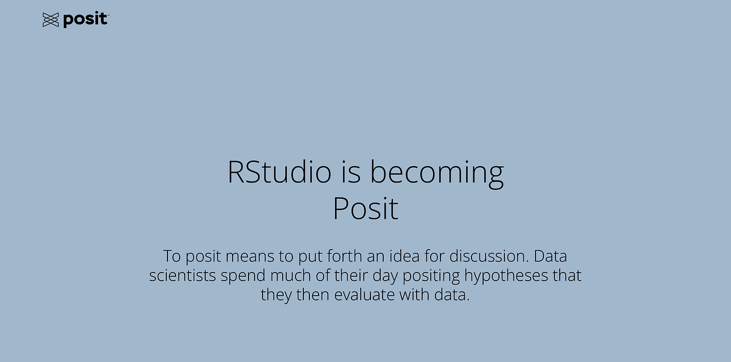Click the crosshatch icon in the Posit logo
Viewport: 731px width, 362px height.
pyautogui.click(x=51, y=20)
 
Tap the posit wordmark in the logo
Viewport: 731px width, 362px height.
pyautogui.click(x=85, y=20)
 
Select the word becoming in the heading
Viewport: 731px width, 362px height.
pyautogui.click(x=437, y=173)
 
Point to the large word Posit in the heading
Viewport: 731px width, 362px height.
pyautogui.click(x=365, y=209)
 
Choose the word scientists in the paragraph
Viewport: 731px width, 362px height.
pyautogui.click(x=183, y=276)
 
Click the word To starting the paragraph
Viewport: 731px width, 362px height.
pyautogui.click(x=171, y=256)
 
